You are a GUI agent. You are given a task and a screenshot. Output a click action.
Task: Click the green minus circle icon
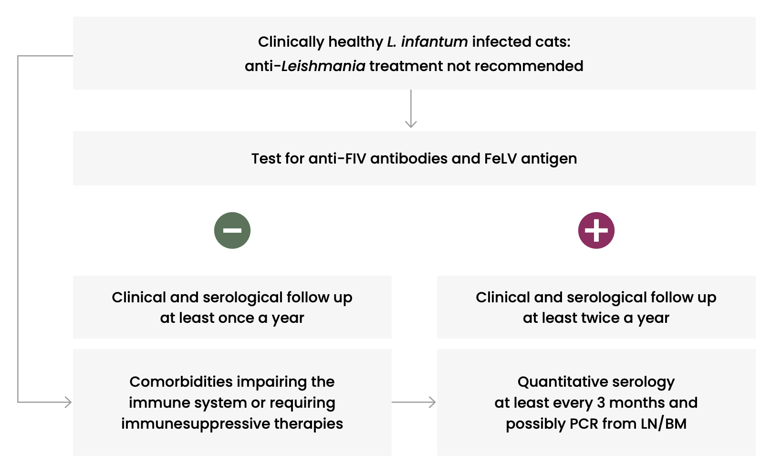click(x=232, y=230)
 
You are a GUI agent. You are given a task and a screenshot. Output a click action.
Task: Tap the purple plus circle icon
click(x=596, y=230)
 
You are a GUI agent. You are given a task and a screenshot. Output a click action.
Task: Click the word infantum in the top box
click(x=434, y=42)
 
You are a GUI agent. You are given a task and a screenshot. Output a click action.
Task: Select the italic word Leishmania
click(x=323, y=66)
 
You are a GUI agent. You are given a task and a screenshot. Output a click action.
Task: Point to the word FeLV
click(x=500, y=158)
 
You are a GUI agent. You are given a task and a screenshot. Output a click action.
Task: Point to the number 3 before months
click(x=601, y=402)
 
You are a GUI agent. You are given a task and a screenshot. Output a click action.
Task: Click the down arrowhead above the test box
click(x=411, y=124)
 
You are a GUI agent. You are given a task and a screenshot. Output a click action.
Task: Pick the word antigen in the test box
click(x=549, y=159)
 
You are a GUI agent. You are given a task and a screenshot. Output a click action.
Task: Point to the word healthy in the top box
click(x=355, y=42)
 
